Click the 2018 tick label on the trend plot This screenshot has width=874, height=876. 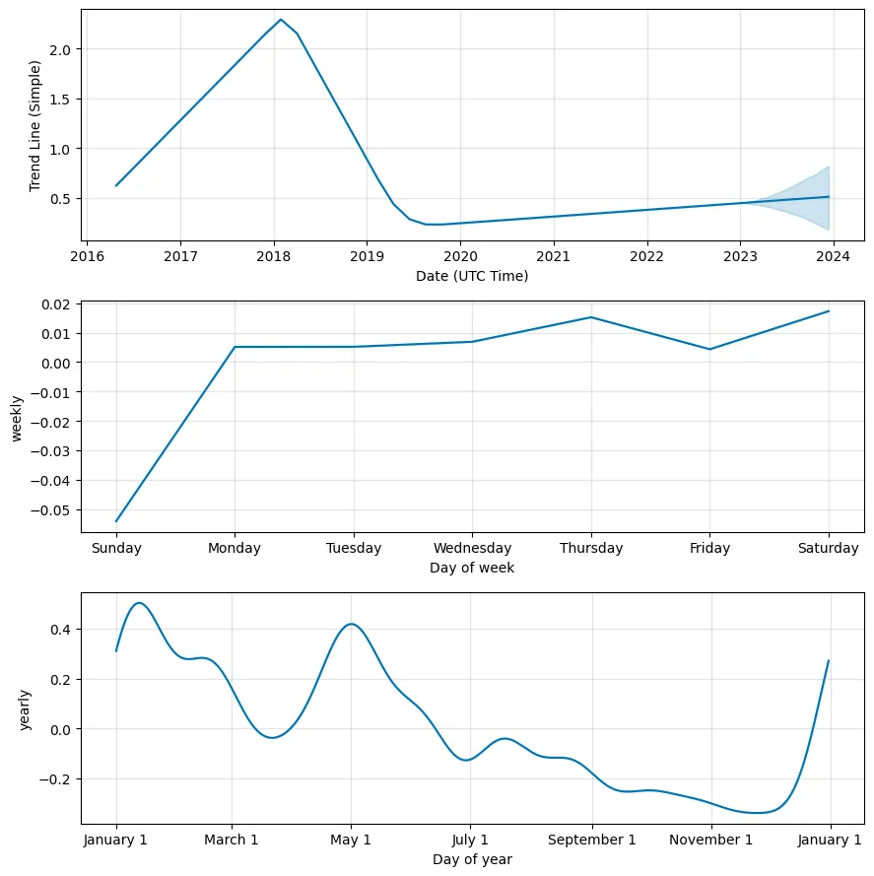274,257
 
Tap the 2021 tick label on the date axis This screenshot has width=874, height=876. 554,257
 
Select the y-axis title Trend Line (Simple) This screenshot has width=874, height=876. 36,125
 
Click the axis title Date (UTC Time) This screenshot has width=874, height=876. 472,276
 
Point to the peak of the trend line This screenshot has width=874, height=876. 281,20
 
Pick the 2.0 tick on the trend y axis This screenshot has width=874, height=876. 58,49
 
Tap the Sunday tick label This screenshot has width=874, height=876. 116,549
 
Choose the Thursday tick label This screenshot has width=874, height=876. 590,549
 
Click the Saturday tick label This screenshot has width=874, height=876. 829,549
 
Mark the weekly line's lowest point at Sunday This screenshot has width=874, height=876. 116,521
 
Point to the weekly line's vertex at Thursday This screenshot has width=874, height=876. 590,317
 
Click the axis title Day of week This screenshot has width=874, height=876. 472,568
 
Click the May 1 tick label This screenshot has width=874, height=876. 351,841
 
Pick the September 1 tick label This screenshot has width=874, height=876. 592,841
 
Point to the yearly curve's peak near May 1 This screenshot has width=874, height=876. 351,624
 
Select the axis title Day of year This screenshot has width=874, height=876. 472,859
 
